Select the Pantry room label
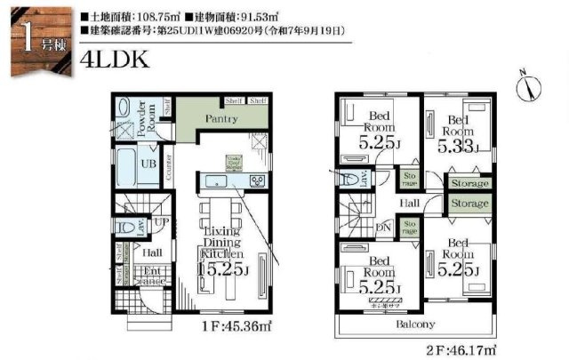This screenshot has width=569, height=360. [x=219, y=118]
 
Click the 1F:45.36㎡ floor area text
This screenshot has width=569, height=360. [x=236, y=326]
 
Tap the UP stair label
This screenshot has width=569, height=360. [x=163, y=220]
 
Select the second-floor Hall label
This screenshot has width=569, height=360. [x=410, y=204]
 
